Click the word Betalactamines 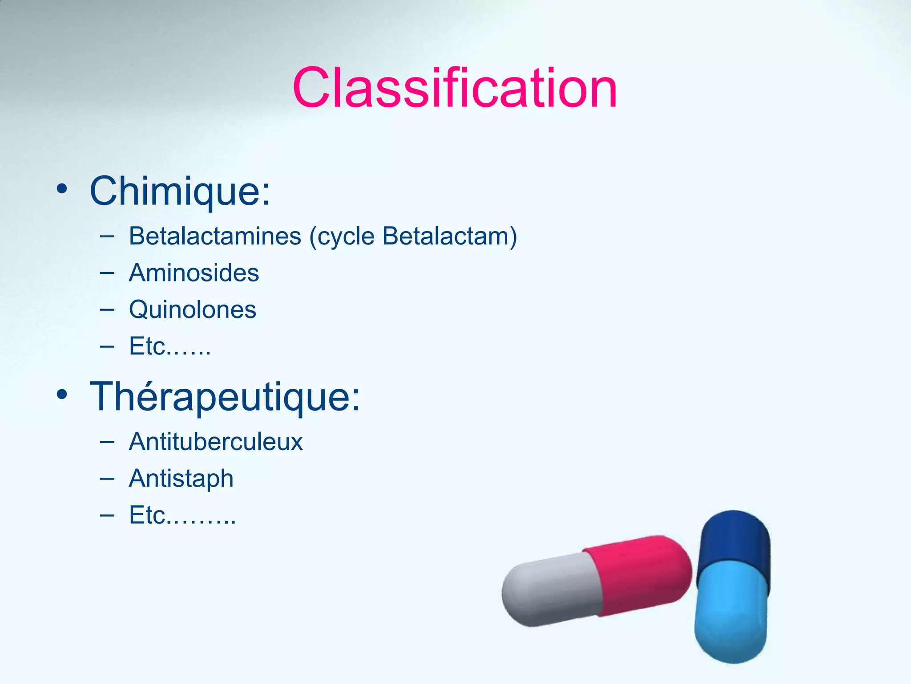point(215,236)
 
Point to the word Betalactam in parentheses point(445,236)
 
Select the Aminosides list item point(193,273)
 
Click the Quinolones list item point(192,309)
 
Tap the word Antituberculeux point(216,442)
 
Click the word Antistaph point(181,479)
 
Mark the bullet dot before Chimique point(62,189)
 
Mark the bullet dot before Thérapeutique point(62,395)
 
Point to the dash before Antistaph point(107,478)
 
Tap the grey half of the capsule point(552,590)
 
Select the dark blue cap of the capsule point(734,541)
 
